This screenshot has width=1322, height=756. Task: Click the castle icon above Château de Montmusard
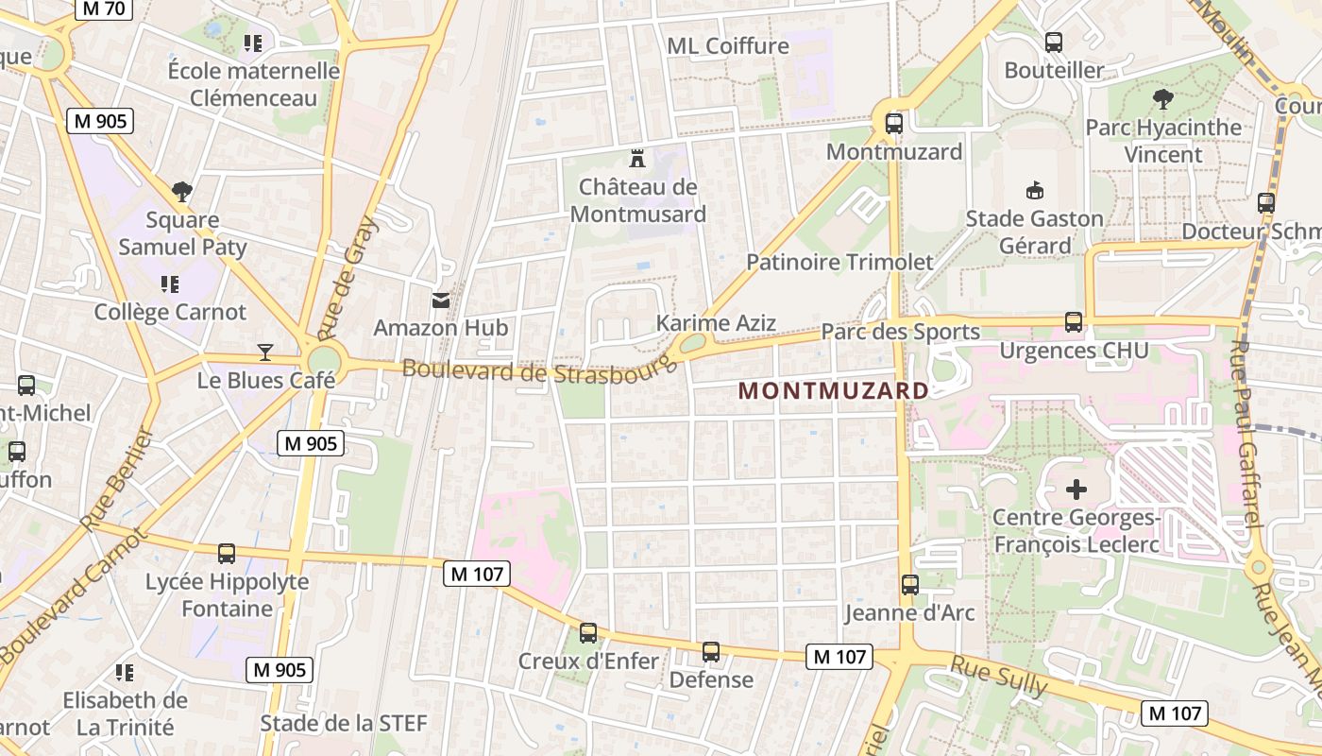637,158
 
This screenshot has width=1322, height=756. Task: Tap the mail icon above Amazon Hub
441,301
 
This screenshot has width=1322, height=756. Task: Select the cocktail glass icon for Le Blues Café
265,352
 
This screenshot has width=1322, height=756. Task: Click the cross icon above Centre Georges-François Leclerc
1076,490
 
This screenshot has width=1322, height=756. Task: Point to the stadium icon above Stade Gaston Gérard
1035,190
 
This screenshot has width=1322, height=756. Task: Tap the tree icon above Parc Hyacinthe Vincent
1162,98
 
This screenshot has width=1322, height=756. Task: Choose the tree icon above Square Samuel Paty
182,192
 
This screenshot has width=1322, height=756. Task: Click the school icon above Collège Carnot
170,283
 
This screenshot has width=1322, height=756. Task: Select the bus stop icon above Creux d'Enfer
587,632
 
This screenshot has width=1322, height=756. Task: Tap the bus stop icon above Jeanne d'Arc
909,584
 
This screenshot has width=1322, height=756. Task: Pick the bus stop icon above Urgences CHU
1074,321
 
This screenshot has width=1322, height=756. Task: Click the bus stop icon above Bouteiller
1054,43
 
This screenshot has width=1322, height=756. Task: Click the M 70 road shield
104,9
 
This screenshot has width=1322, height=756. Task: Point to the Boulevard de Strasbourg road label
540,370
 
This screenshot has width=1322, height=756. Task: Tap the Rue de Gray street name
347,279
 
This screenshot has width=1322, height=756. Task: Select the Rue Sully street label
999,677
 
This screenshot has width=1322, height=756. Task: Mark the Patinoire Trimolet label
839,262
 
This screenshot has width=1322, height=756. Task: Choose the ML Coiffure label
727,45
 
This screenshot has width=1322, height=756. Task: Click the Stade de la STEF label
344,723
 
